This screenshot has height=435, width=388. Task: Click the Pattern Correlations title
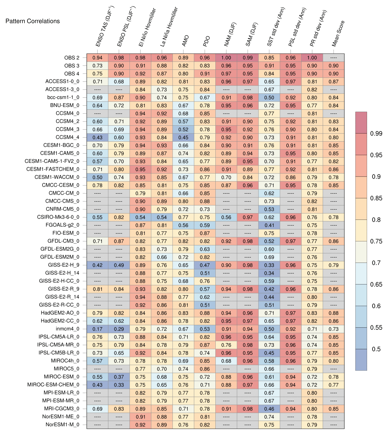(x=33, y=21)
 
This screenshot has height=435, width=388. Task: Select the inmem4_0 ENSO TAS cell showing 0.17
(x=98, y=329)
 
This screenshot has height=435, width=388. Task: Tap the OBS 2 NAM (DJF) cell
(x=226, y=58)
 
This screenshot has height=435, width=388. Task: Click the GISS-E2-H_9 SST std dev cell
(x=269, y=265)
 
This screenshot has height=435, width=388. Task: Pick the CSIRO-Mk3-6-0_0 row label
(x=58, y=217)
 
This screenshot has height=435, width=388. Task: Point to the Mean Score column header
(x=338, y=33)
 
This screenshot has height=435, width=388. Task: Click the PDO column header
(x=206, y=41)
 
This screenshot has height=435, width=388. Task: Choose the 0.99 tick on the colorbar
(x=376, y=133)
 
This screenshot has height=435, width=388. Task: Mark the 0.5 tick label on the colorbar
(x=376, y=349)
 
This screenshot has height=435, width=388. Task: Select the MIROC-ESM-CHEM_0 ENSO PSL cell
(x=119, y=385)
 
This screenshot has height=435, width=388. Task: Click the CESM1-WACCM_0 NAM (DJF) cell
(x=226, y=177)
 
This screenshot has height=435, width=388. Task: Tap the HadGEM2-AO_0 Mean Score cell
(x=334, y=313)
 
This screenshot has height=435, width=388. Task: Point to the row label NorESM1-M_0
(x=62, y=425)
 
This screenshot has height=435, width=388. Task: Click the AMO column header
(x=185, y=41)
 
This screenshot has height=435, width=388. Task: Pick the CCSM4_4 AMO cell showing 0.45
(x=183, y=137)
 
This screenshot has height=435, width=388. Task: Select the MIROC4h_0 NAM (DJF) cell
(x=226, y=361)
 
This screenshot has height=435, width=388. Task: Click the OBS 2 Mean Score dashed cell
(x=334, y=58)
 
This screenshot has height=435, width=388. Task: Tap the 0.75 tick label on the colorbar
(x=376, y=241)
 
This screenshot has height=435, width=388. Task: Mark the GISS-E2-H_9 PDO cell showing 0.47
(x=205, y=265)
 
